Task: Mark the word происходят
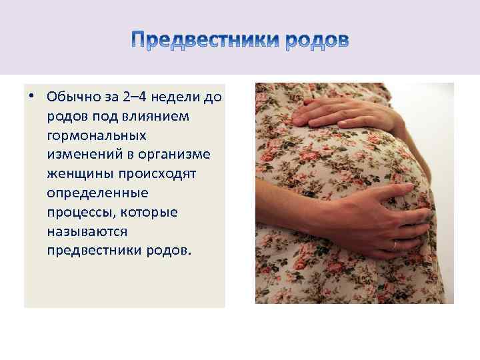(155, 175)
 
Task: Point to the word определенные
(97, 194)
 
